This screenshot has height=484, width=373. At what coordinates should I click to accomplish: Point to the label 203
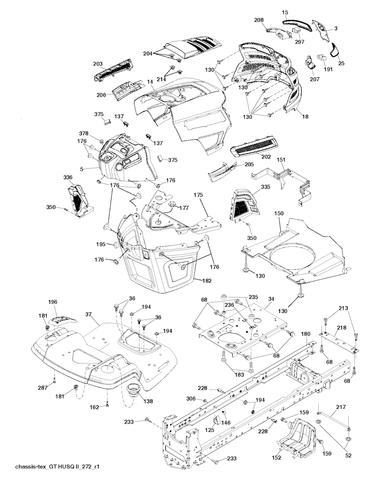point(98,64)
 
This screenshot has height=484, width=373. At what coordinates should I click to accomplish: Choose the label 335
point(266,187)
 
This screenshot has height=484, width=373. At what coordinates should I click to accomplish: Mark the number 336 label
point(68,177)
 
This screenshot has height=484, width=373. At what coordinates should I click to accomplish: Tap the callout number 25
point(341,63)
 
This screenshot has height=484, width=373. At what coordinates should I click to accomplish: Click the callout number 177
point(184,208)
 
